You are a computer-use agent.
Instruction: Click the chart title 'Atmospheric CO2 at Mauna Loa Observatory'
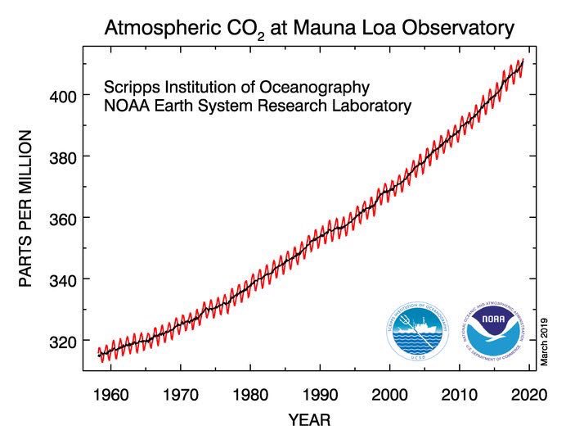tap(309, 29)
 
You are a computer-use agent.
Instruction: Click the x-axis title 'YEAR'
tap(310, 421)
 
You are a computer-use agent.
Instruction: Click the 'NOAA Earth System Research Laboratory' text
tap(257, 106)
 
